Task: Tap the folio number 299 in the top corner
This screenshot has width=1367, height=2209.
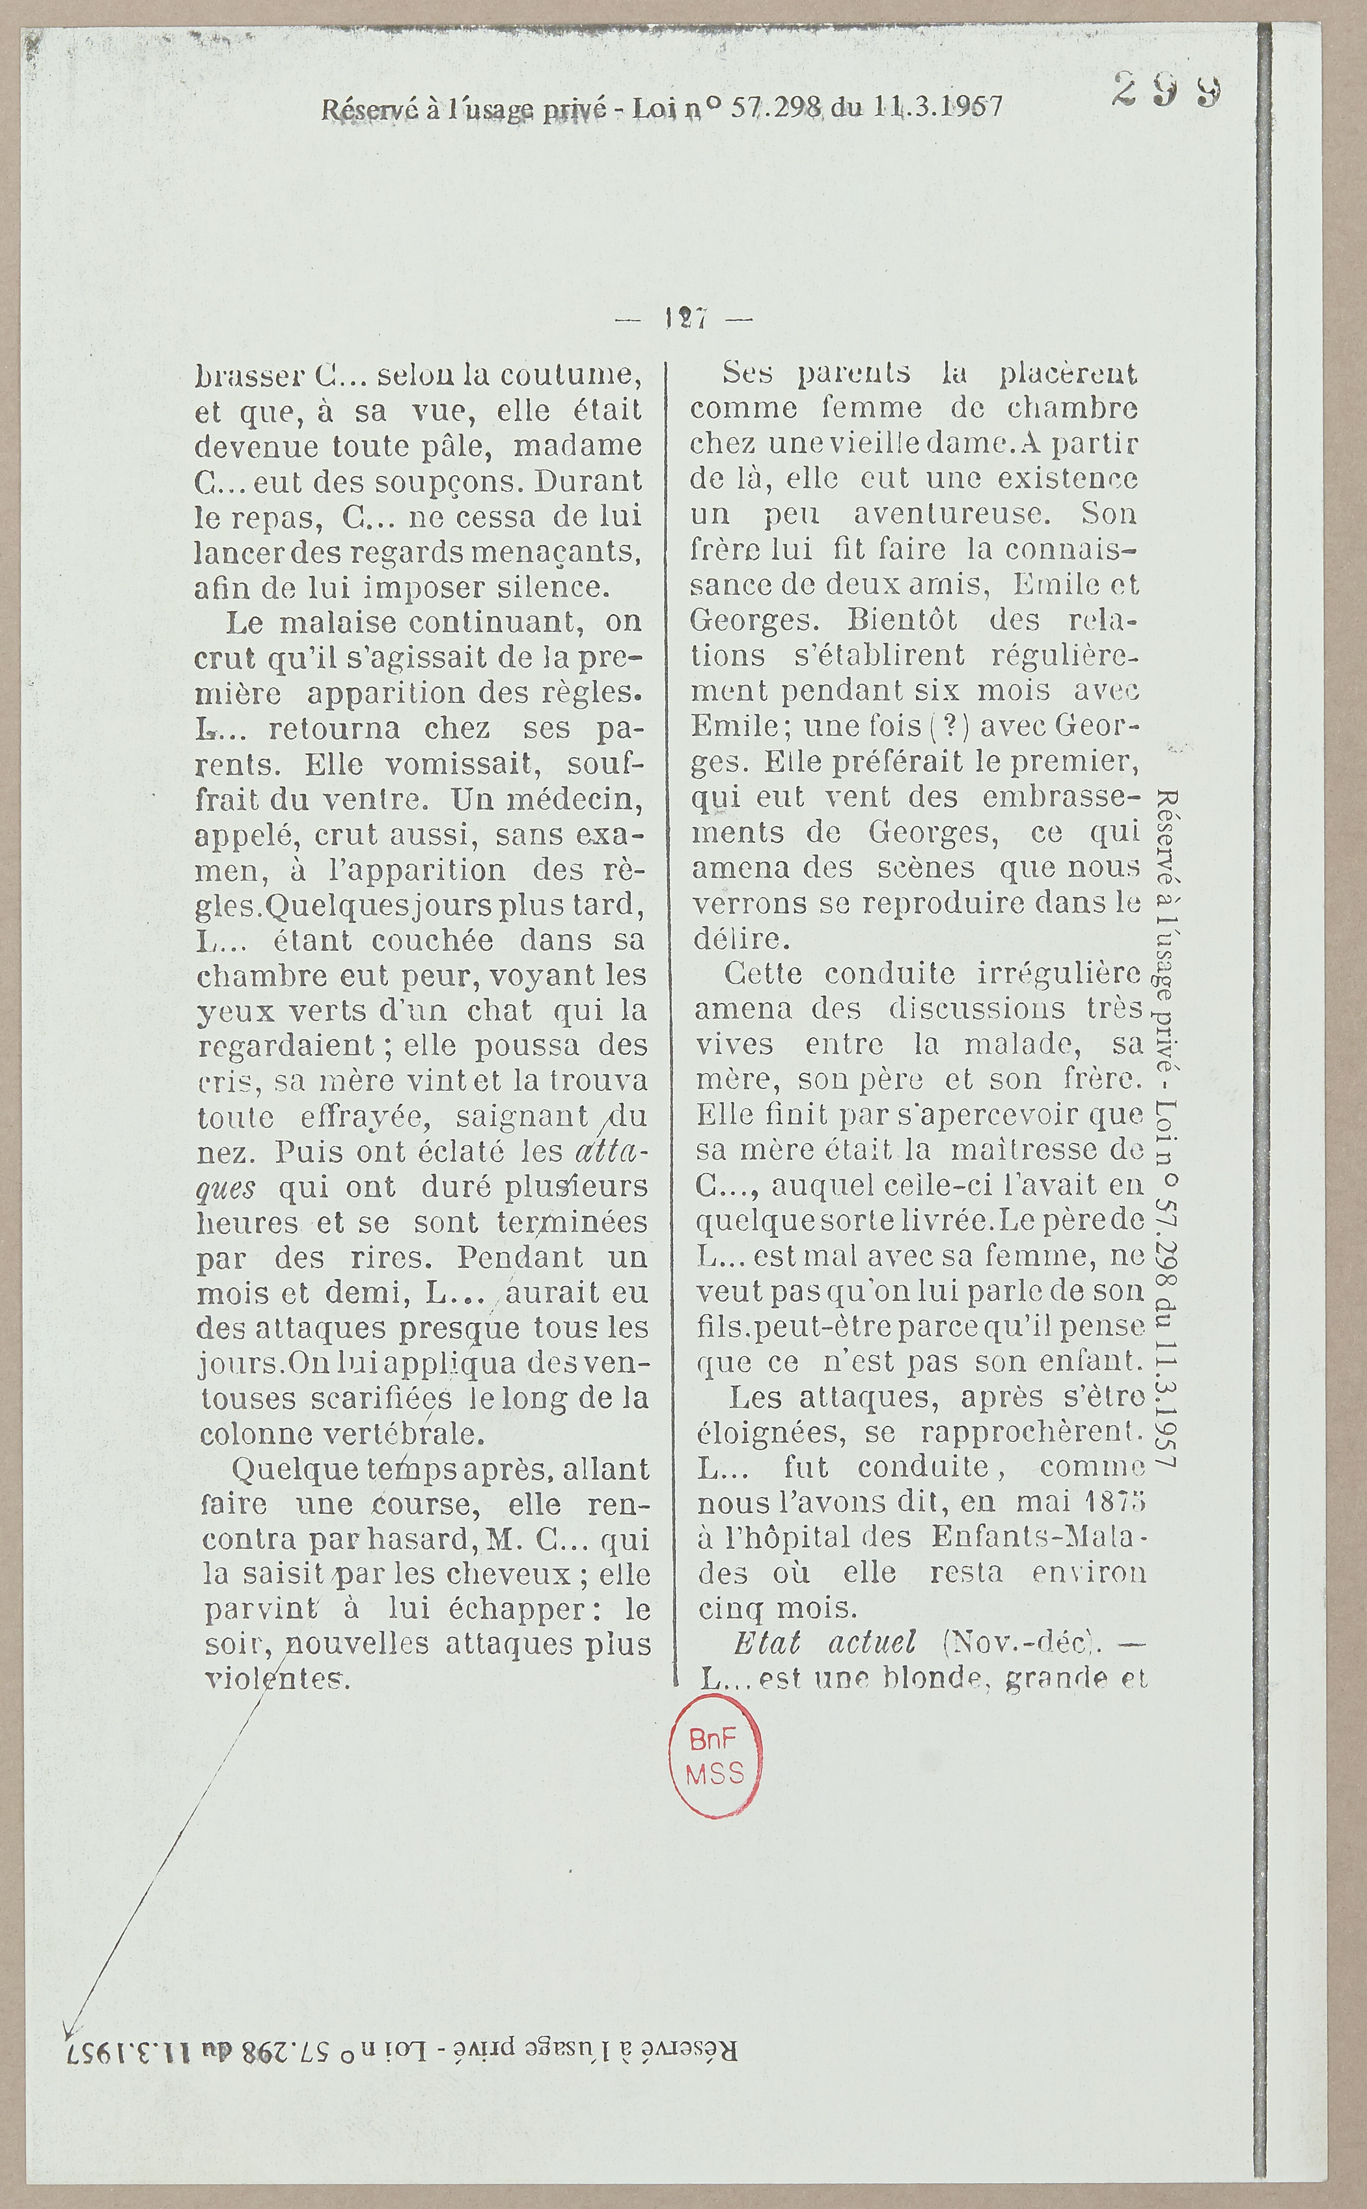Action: tap(1168, 91)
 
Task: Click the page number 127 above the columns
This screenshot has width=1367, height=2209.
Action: tap(684, 318)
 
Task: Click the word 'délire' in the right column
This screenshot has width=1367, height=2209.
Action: tap(739, 939)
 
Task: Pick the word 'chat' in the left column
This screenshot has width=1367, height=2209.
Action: tap(497, 1011)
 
